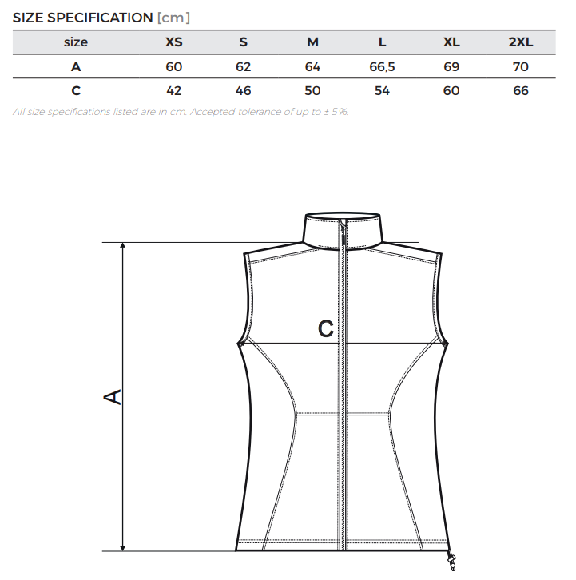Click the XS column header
pos(174,42)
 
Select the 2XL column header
pos(521,42)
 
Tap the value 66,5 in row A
pos(382,67)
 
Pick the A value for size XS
pos(174,67)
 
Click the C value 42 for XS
pos(174,91)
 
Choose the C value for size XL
pos(451,91)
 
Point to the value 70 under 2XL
pos(521,67)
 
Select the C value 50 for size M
pos(312,91)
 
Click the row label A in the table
pos(76,67)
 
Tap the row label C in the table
pos(76,91)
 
